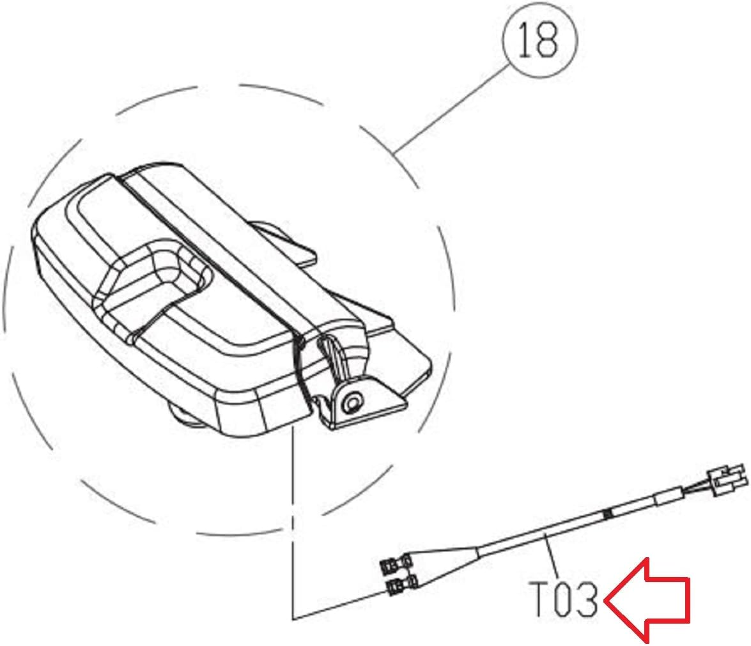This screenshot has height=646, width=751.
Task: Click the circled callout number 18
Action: [x=539, y=40]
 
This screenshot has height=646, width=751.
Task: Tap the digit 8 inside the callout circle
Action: [x=550, y=40]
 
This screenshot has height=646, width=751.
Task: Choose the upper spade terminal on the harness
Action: [x=392, y=565]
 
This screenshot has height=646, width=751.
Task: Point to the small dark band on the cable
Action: [x=608, y=513]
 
